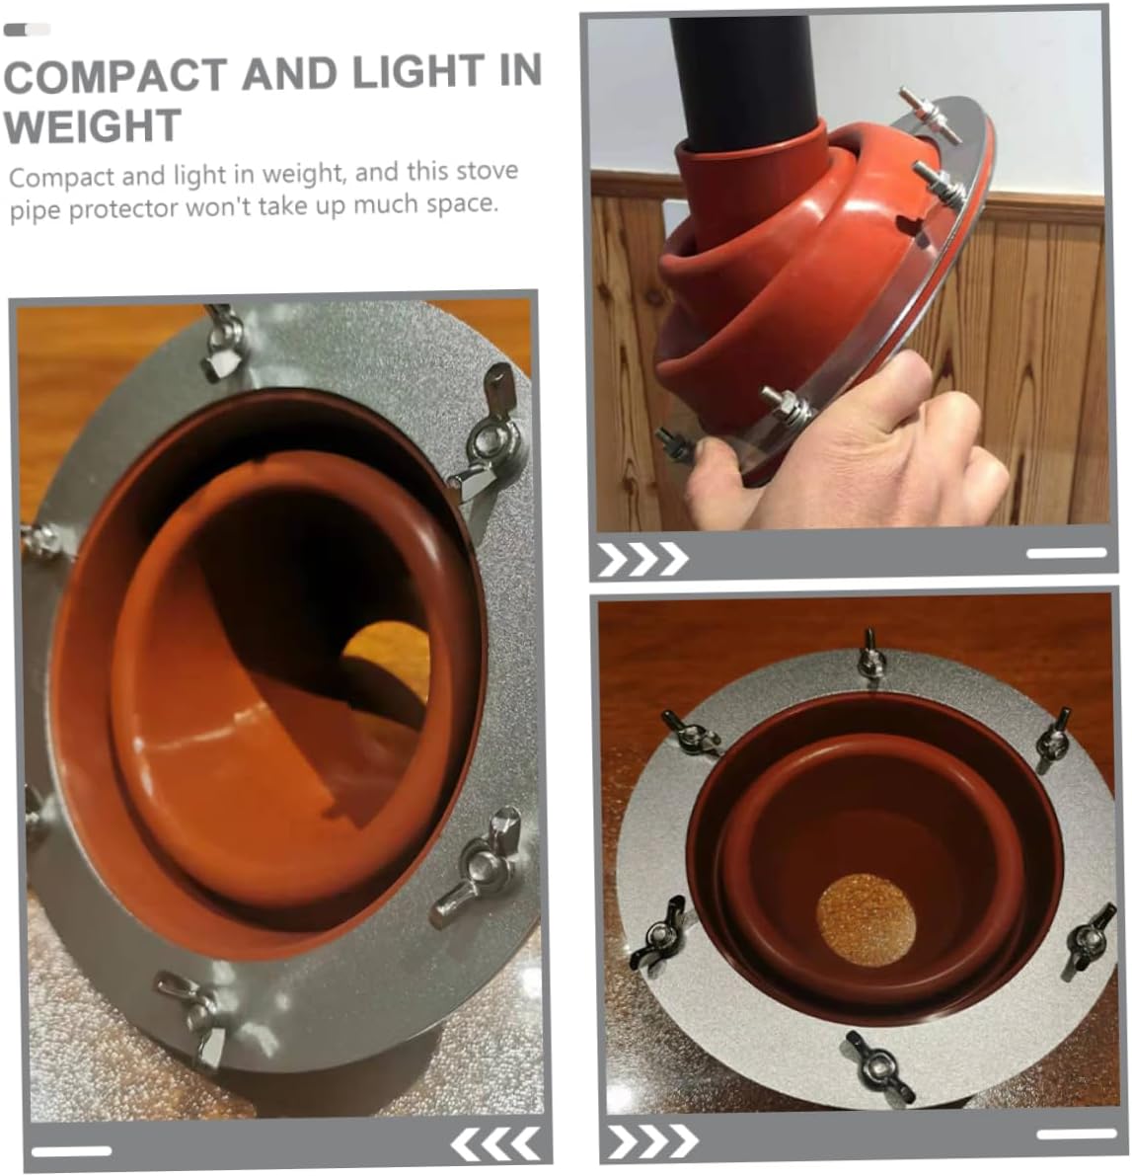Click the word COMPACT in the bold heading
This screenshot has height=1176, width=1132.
pyautogui.click(x=114, y=76)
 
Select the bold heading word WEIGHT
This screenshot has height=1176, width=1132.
pyautogui.click(x=93, y=125)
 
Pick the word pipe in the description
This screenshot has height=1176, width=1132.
pyautogui.click(x=37, y=211)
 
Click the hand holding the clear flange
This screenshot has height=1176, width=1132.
pyautogui.click(x=868, y=454)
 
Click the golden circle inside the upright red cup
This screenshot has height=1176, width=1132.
pyautogui.click(x=866, y=919)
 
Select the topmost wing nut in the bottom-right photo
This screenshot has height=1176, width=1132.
pyautogui.click(x=869, y=654)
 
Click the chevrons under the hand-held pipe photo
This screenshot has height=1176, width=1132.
pyautogui.click(x=642, y=559)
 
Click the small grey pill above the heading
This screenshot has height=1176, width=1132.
pyautogui.click(x=27, y=30)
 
